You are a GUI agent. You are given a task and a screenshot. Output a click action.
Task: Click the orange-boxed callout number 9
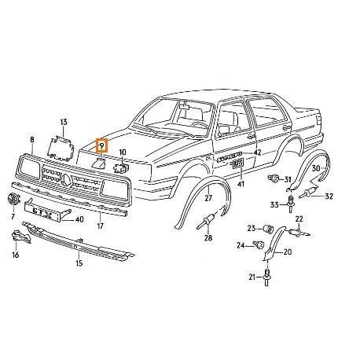coord(101,145)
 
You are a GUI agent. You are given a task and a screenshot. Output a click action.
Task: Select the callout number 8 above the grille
coord(31,139)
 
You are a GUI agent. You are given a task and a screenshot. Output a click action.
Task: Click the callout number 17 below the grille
coord(101,226)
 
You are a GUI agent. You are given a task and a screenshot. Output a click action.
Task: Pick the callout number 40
coord(79,219)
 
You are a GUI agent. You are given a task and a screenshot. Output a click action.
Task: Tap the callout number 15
coord(78,263)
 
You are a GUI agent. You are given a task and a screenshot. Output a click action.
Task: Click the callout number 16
coord(15,255)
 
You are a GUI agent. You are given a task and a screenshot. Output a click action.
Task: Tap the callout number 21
coord(254,277)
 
